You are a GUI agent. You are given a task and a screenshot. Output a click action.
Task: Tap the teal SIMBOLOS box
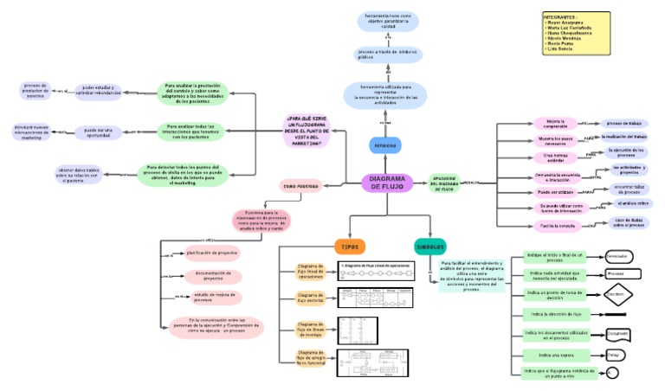[430, 246]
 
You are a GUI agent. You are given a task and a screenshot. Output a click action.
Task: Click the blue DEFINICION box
[384, 144]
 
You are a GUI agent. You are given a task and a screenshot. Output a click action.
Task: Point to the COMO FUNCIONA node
[300, 185]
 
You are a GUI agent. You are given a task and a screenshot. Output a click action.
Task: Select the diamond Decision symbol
[617, 294]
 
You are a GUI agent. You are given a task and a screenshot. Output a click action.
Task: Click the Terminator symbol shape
[618, 257]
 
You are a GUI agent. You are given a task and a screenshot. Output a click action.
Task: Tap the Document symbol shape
[617, 333]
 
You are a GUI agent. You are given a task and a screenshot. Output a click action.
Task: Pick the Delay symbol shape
[614, 355]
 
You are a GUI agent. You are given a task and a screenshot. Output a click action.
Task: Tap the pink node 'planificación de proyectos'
[211, 253]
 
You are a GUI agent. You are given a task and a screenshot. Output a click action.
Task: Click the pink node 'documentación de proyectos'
[212, 277]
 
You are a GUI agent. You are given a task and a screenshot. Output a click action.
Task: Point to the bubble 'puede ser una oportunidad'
[98, 132]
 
